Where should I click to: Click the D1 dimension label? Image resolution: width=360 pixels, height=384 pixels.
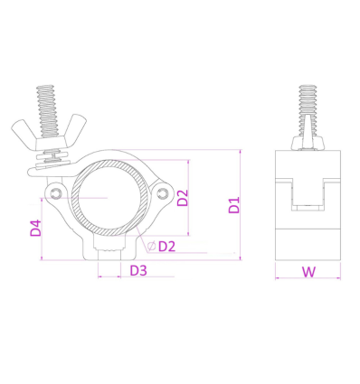233,206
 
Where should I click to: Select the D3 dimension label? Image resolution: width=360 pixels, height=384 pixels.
138,270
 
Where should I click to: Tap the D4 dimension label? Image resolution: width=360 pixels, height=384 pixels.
35,227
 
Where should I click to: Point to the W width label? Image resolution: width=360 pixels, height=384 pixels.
308,270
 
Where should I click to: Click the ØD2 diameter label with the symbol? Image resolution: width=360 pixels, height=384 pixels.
160,246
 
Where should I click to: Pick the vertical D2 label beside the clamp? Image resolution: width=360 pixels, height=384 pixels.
182,197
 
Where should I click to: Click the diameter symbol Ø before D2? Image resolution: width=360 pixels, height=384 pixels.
149,246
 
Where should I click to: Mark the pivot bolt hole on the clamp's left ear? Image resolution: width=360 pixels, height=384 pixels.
57,196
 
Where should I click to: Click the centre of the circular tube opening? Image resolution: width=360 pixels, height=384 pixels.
109,198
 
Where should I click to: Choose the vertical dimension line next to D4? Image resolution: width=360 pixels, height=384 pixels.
43,227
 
